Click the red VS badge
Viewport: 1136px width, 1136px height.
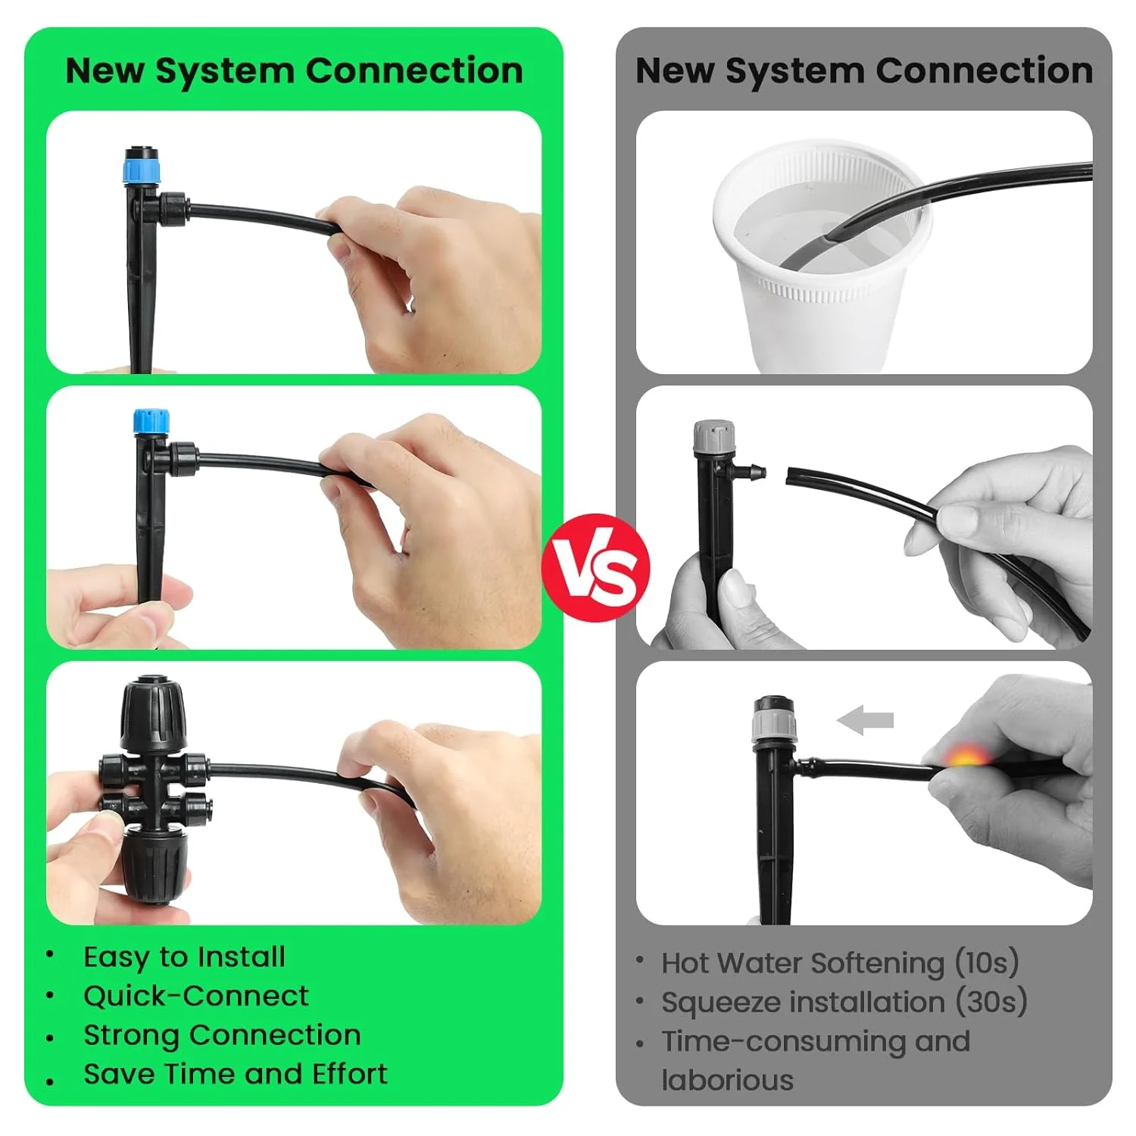[596, 567]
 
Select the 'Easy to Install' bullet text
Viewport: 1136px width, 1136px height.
[184, 957]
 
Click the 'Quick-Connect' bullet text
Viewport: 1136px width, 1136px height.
[196, 996]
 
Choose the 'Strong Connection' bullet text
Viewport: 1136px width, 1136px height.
[222, 1035]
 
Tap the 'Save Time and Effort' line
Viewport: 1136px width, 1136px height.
[235, 1074]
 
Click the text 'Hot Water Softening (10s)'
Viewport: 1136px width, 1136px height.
[840, 963]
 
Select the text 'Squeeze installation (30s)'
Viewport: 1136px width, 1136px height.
[844, 1002]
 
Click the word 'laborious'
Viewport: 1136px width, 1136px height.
[727, 1080]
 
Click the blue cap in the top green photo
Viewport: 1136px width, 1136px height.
[142, 166]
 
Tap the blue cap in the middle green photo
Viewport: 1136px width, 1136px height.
[151, 421]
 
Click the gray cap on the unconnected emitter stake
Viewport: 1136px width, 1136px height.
[714, 437]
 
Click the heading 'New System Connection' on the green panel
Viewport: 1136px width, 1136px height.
[294, 70]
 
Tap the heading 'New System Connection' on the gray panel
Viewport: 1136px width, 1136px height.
[863, 70]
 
